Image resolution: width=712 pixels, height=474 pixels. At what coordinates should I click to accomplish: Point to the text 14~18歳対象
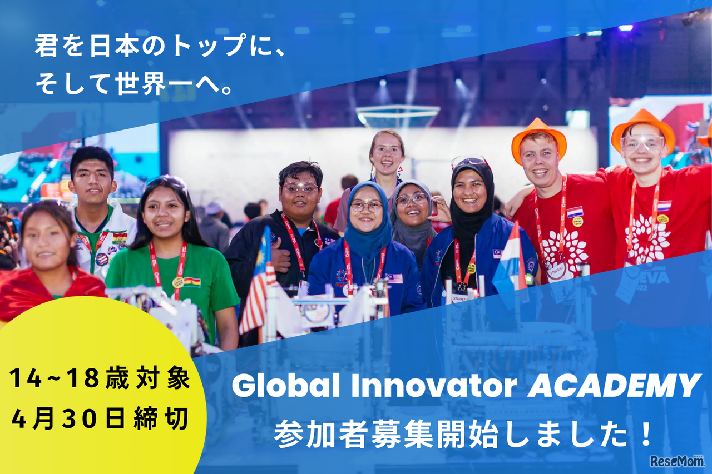100,379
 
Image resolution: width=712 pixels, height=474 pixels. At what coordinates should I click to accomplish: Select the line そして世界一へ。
133,84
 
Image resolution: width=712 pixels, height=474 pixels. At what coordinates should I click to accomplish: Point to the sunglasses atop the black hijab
469,162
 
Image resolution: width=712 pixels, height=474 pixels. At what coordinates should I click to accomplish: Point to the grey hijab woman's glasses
412,198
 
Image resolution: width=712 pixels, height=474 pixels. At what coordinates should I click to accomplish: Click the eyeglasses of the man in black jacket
300,188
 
